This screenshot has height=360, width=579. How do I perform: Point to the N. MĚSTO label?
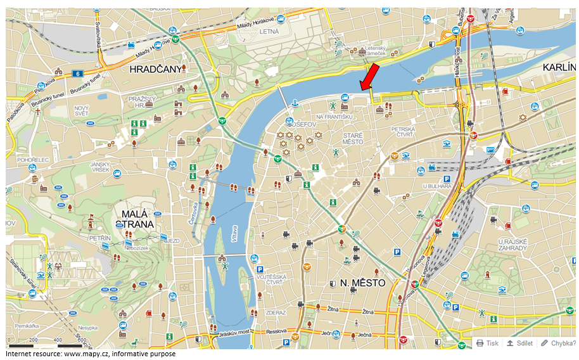(x=358, y=283)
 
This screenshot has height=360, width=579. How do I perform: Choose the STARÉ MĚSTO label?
(x=353, y=138)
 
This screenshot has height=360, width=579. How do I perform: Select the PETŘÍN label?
(x=100, y=238)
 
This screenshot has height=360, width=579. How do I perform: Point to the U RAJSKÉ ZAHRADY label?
(x=513, y=245)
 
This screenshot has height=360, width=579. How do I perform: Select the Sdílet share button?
(x=519, y=343)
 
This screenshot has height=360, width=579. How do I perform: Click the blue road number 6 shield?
(x=77, y=74)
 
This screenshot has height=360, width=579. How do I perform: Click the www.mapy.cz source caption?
(x=91, y=354)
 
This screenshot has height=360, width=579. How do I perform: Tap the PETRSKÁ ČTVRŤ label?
(x=403, y=132)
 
